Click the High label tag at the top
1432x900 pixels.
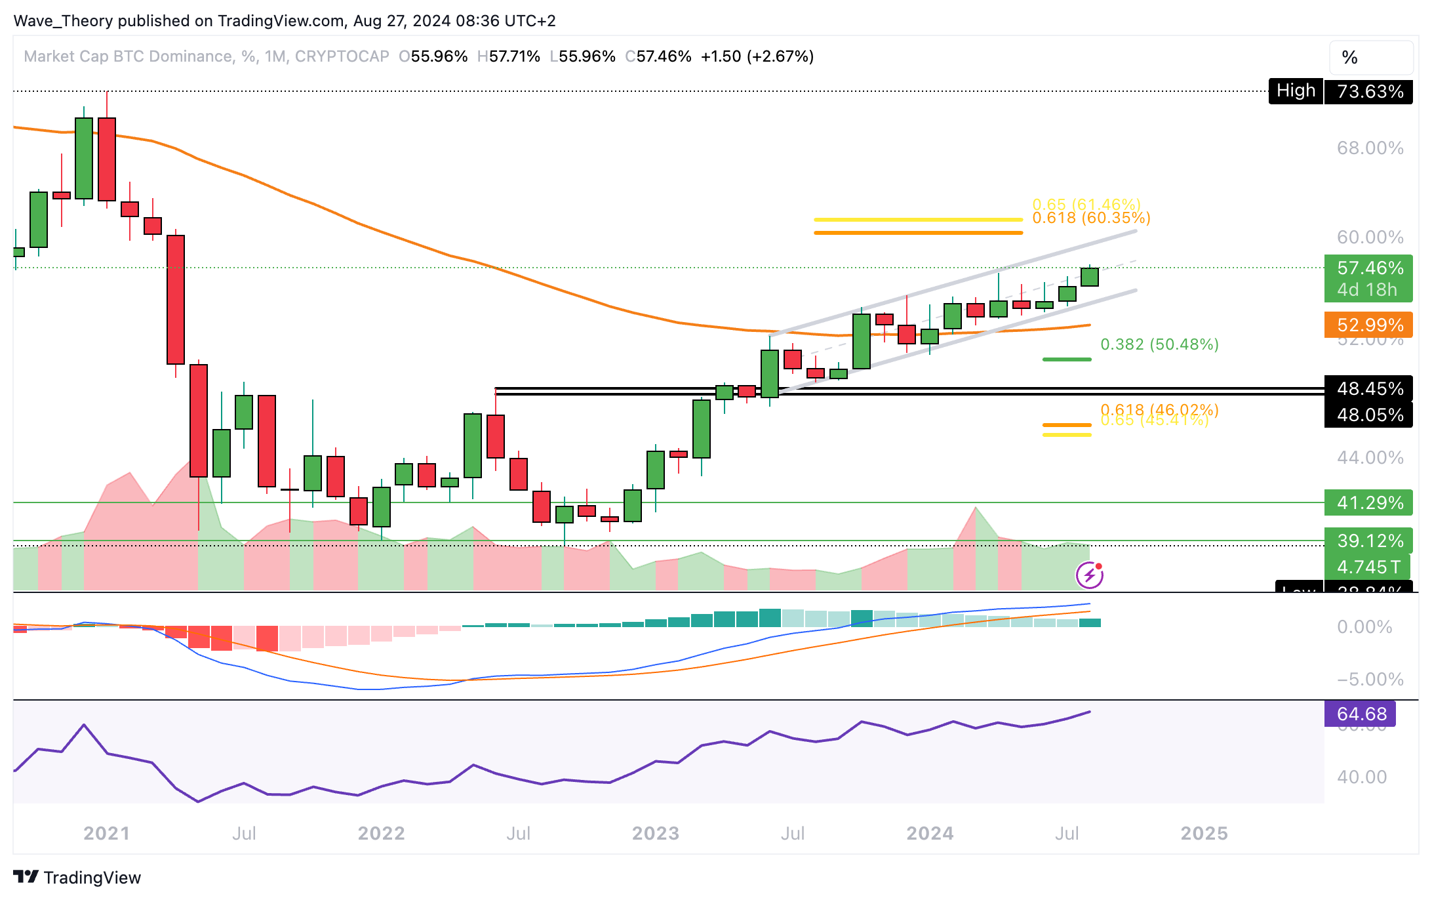1296,91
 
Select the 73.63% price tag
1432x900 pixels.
1370,91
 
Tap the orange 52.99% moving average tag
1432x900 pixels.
1370,325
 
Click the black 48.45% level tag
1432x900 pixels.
1370,388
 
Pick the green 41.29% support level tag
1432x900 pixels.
1370,502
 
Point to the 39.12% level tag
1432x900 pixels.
1370,541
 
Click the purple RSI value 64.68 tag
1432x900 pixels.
1361,714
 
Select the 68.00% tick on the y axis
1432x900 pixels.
1370,148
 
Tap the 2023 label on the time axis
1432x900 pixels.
655,833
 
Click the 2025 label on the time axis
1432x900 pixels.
1204,833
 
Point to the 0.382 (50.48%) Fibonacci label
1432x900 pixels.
1159,344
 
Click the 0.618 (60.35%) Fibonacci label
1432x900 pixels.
1091,218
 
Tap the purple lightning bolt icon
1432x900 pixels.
1090,576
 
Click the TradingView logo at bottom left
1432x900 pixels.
77,877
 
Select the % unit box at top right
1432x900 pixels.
1370,58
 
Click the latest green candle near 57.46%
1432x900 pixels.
1090,277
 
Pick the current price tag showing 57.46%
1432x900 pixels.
1370,268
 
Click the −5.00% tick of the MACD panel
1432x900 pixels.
1370,679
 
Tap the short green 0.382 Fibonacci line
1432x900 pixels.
1067,359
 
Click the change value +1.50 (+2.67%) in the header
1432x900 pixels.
757,56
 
